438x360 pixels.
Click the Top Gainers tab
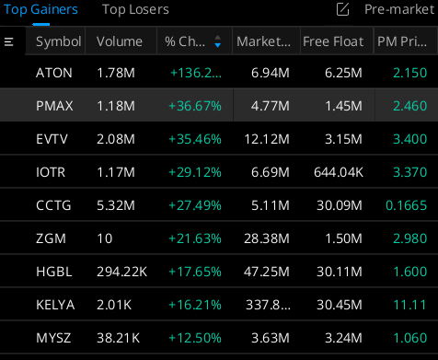[40, 10]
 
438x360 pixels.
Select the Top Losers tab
[135, 10]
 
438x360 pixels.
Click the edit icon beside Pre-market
[343, 10]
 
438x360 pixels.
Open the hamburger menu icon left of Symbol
[9, 42]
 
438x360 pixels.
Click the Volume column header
[120, 42]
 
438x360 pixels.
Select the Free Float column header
[335, 42]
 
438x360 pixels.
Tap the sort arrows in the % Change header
[217, 42]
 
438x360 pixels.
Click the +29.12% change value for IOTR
[193, 172]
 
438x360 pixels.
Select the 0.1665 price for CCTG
[407, 205]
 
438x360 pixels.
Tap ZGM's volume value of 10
[106, 238]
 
